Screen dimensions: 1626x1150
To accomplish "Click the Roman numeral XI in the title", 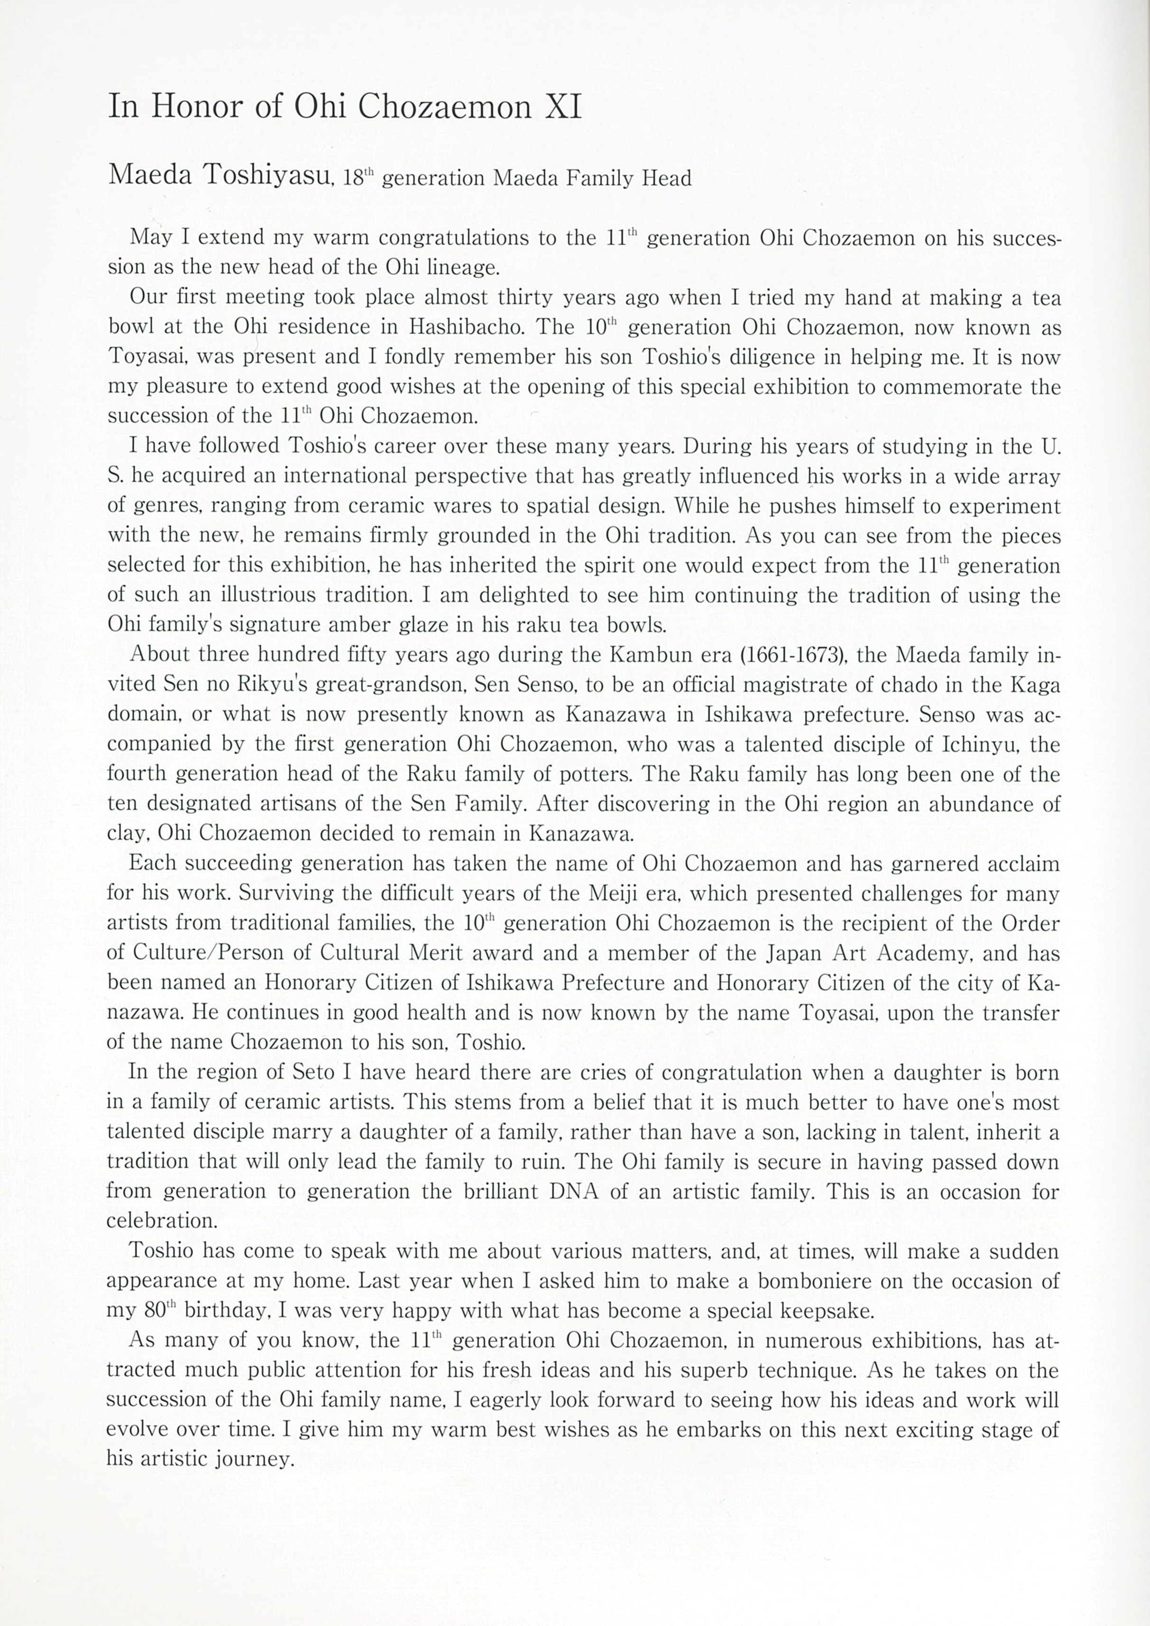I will pyautogui.click(x=562, y=108).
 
